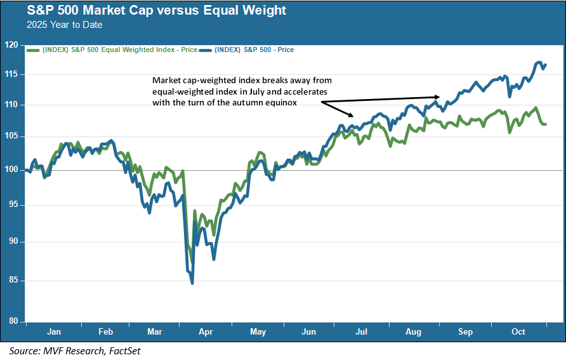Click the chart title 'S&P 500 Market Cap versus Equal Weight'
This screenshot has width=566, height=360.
(148, 11)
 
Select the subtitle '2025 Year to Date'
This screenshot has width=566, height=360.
(64, 25)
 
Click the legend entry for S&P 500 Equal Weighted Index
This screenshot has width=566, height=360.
(111, 49)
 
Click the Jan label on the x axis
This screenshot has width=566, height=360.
(54, 331)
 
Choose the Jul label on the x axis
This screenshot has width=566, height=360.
(362, 331)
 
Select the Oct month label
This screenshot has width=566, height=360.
(518, 331)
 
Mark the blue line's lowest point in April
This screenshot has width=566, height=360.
(192, 283)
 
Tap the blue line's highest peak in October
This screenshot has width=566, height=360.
(539, 62)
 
